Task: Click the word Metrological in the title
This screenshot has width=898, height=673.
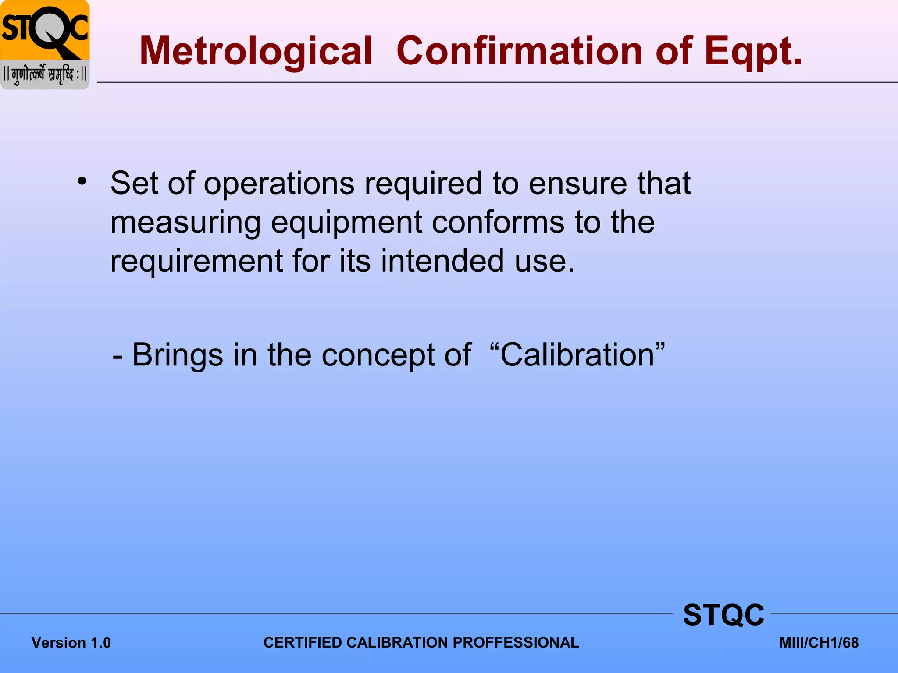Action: (256, 51)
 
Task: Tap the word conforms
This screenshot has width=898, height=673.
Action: (498, 222)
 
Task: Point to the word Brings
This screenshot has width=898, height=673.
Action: (177, 355)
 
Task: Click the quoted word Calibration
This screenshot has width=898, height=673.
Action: (577, 354)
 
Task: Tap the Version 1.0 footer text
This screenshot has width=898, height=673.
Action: (71, 643)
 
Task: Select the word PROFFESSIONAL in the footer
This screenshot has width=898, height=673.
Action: (516, 642)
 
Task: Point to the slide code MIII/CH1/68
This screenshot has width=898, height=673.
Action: (819, 643)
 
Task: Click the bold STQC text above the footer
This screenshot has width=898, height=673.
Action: (723, 615)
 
